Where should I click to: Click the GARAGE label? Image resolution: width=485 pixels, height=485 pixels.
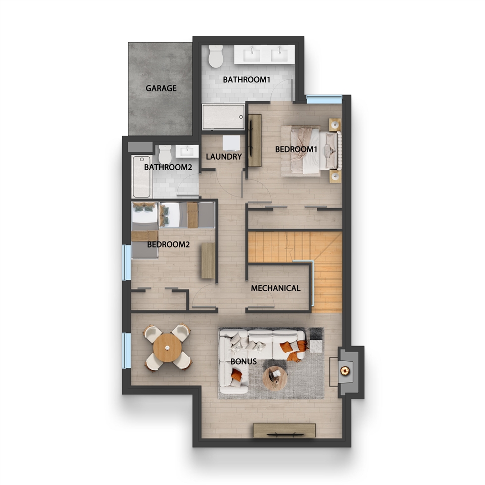pos(161,88)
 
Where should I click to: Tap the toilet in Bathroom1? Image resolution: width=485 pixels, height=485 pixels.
pos(216,56)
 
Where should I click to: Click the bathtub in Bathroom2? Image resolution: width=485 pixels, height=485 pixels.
pos(141,177)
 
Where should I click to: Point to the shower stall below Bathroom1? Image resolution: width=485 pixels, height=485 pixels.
pos(223,117)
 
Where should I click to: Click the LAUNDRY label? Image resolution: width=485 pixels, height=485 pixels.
pos(224,157)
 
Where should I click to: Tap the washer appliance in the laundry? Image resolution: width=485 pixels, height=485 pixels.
pos(231,143)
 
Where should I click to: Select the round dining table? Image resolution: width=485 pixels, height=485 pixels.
pos(167,348)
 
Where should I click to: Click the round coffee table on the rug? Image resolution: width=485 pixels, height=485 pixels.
pos(275,378)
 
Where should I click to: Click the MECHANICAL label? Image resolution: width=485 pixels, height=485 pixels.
pos(275,288)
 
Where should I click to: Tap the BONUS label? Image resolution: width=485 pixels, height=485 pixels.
pos(244,361)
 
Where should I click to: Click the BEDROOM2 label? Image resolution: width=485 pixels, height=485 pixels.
pos(168,245)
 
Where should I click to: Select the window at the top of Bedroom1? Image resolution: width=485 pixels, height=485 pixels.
pos(324,100)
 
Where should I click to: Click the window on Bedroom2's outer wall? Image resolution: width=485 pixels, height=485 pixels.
pos(126,262)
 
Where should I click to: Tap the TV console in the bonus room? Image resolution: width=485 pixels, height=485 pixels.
pos(284,430)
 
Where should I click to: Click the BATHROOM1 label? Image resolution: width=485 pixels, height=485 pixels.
pos(247,80)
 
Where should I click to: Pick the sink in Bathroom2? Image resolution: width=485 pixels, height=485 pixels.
pos(187,151)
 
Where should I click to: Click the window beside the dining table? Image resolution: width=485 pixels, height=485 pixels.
pos(126,351)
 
